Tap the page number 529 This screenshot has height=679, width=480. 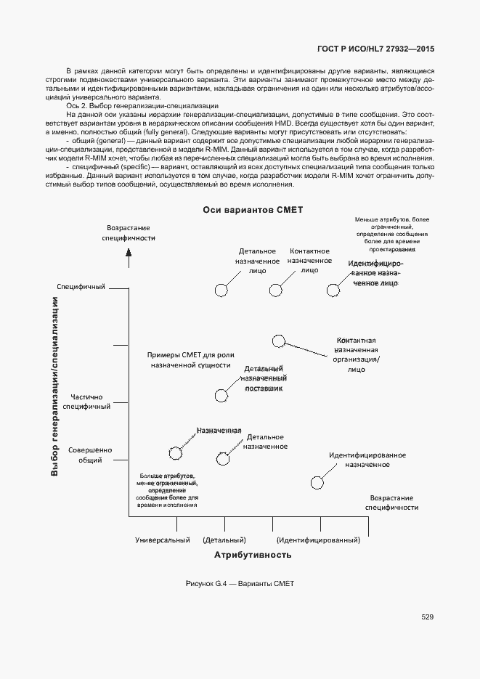tap(427, 617)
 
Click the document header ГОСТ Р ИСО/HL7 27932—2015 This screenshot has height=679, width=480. tap(376, 49)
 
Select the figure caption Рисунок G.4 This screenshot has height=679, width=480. tap(240, 584)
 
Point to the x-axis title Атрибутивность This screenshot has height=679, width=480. tap(253, 555)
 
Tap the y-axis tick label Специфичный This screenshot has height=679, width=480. tap(81, 286)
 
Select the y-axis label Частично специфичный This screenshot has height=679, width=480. tap(86, 402)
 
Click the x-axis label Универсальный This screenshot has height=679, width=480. tap(163, 540)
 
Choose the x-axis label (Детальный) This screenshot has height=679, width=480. tap(224, 540)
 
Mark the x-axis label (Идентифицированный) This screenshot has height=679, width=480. tap(319, 540)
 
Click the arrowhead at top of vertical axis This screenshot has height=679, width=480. tap(129, 253)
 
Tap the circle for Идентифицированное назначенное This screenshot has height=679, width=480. tap(317, 482)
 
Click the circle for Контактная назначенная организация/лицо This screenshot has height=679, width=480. tap(278, 341)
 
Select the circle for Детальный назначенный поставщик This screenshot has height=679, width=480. tap(222, 395)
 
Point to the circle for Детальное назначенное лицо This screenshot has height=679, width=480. tap(222, 290)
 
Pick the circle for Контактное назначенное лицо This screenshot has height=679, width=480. tap(275, 290)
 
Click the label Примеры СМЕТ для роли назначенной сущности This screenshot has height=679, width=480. tap(190, 360)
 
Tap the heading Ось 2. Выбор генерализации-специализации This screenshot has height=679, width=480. tap(137, 106)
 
